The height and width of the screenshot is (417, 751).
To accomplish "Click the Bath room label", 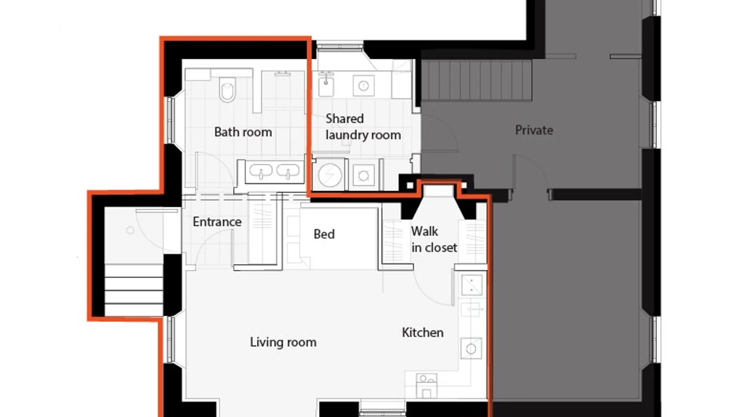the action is (x=243, y=132).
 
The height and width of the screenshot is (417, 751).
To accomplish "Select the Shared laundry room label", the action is (x=363, y=127).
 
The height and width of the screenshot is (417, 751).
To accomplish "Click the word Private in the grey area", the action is (x=534, y=130).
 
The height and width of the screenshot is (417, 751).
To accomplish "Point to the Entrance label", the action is (x=217, y=222).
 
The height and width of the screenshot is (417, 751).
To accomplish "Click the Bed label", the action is (x=324, y=234).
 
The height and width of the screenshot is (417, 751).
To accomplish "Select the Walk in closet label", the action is (x=434, y=239).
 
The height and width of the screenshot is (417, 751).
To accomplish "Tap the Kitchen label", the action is (x=423, y=332).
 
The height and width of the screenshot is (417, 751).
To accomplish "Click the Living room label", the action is (x=283, y=342).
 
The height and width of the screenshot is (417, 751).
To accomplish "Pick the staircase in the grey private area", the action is (x=476, y=80).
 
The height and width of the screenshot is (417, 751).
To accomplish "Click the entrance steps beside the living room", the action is (x=134, y=290).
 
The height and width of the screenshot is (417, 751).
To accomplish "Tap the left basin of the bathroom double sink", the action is (x=261, y=171).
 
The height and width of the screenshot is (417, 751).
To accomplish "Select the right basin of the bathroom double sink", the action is (x=288, y=171).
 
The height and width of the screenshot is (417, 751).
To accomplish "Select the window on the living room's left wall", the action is (x=170, y=339).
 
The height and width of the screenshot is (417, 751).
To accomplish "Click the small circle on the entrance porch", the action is (x=130, y=230).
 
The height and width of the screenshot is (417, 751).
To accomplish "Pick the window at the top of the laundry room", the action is (x=340, y=45).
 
